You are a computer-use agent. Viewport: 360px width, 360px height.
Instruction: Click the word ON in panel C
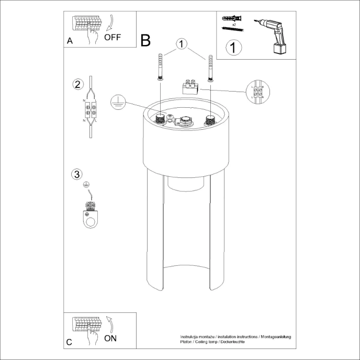coord(110,338)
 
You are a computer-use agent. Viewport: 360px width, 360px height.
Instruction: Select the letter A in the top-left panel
coord(70,42)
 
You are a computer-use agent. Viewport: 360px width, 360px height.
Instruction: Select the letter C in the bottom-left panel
coord(70,343)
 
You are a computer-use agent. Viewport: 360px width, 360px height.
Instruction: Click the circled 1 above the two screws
coord(182,44)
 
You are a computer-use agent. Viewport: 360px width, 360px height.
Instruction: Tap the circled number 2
coord(77,84)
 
